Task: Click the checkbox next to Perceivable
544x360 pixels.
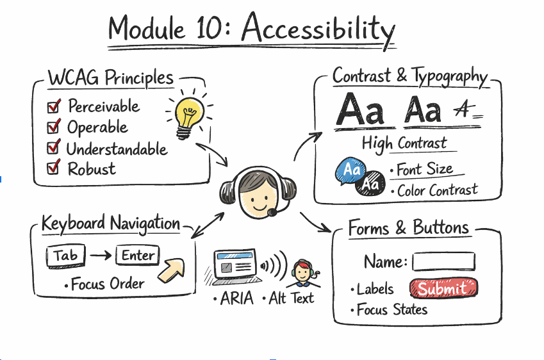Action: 54,106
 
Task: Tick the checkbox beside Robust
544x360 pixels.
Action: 54,168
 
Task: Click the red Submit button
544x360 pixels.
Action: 443,289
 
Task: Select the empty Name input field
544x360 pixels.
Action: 443,262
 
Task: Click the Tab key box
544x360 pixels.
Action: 65,256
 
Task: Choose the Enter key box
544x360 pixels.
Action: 138,256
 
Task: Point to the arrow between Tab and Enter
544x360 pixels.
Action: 101,256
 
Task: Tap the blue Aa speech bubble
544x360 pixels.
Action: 350,170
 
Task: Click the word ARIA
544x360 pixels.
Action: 236,299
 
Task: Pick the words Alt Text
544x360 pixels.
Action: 291,299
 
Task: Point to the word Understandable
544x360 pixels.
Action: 117,149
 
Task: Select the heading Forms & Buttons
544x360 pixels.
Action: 409,228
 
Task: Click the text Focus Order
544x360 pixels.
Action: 108,284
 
